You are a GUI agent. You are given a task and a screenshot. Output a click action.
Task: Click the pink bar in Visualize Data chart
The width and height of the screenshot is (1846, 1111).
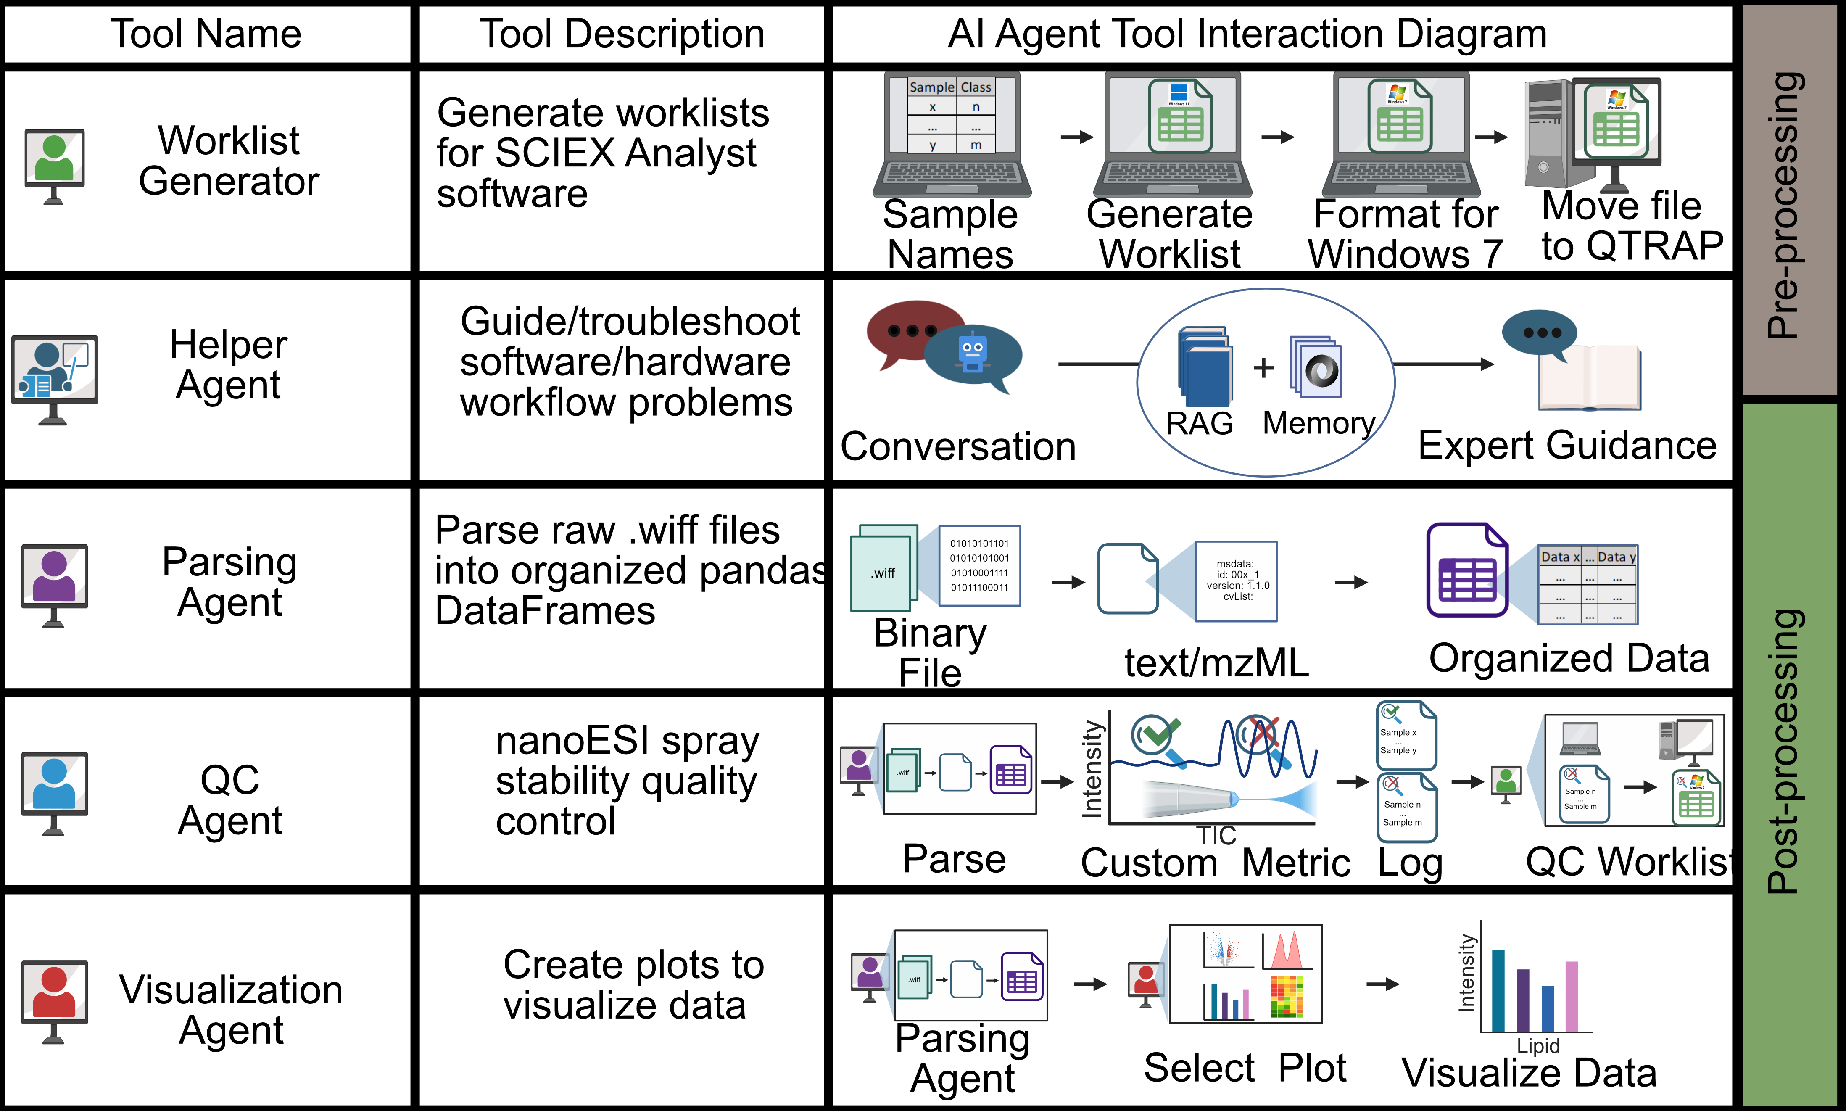click(x=1571, y=996)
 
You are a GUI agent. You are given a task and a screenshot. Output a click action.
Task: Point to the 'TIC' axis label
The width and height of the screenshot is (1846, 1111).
click(x=1216, y=835)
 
